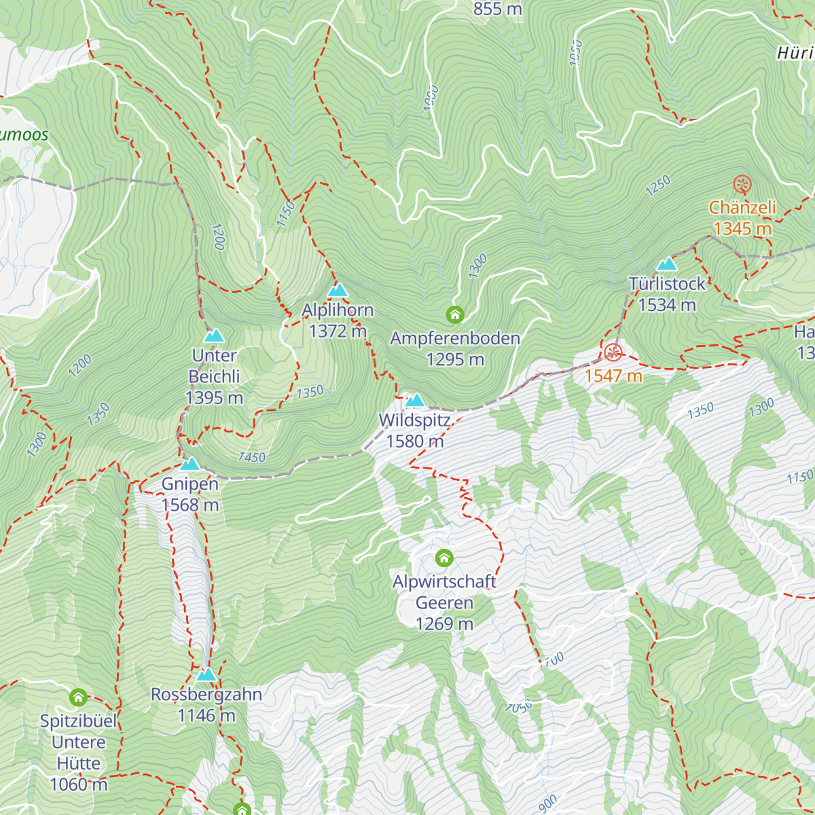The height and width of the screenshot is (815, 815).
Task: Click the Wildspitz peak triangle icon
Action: pos(414,400)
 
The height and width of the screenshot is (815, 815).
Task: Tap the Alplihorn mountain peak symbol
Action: pos(338,291)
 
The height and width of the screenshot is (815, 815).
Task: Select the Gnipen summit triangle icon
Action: pos(190,465)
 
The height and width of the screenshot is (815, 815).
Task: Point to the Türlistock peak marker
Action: pos(667,264)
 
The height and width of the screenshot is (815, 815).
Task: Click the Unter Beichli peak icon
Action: pos(214,336)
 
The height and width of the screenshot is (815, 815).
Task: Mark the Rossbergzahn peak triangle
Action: pos(206,674)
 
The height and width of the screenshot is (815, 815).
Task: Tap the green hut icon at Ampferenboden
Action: pos(455,315)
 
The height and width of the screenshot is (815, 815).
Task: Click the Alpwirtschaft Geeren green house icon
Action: pos(444,558)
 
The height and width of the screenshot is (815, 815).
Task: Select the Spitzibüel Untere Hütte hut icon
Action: pos(78,698)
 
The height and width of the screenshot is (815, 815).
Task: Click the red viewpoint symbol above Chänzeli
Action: pos(742,184)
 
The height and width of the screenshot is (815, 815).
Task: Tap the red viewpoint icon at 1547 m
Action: pos(613,352)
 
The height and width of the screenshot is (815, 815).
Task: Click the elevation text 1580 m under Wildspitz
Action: pos(415,441)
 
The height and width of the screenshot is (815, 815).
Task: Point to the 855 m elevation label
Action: pos(497,9)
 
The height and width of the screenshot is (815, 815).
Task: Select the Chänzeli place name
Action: pos(742,208)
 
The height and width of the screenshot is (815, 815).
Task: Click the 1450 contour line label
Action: pos(252,457)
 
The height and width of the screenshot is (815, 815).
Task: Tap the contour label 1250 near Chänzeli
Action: pos(658,185)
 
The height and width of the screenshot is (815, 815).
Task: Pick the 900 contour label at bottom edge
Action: pos(547,803)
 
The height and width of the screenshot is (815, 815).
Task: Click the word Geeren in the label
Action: pos(444,603)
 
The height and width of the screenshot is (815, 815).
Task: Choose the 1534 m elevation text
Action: pos(667,305)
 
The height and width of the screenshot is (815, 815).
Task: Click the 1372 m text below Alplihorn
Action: pos(338,331)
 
